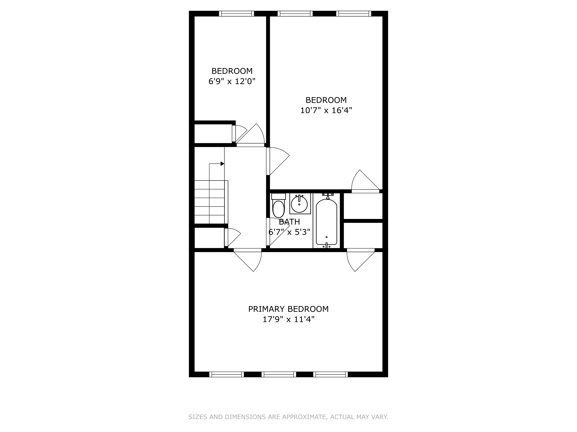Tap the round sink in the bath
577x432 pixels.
pyautogui.click(x=299, y=204)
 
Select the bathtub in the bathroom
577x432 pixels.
pyautogui.click(x=326, y=222)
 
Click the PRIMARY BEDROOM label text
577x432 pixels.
pyautogui.click(x=288, y=309)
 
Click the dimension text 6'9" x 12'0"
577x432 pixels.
pyautogui.click(x=232, y=82)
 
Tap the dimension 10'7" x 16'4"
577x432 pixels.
pyautogui.click(x=326, y=110)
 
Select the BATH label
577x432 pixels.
pyautogui.click(x=289, y=222)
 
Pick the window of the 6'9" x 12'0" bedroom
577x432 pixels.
pyautogui.click(x=236, y=14)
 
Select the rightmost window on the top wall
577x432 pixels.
pyautogui.click(x=353, y=14)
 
